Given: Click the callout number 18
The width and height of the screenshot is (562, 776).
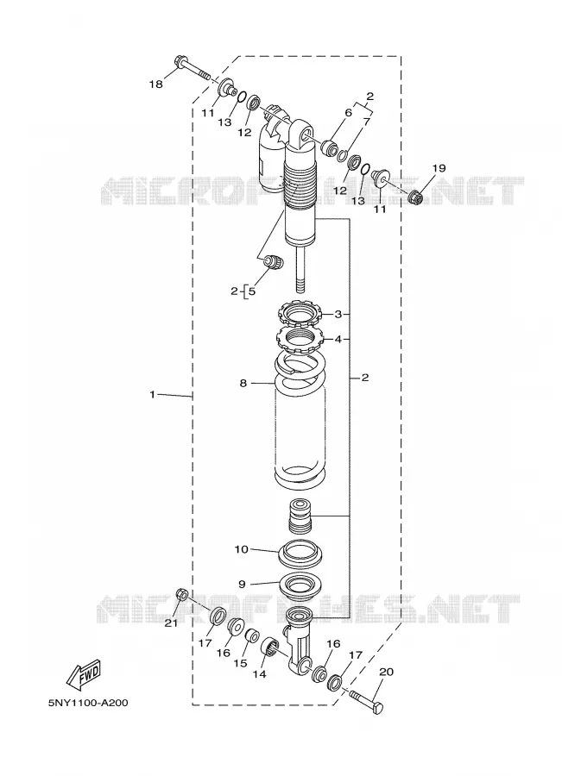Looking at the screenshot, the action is click(x=155, y=84).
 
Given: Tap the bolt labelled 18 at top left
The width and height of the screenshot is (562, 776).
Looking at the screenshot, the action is click(x=193, y=69).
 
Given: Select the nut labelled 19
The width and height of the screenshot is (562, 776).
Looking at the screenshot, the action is click(x=415, y=197).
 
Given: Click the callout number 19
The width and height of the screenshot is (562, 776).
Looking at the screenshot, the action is click(x=439, y=168).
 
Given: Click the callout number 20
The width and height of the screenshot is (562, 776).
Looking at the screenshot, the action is click(x=386, y=672).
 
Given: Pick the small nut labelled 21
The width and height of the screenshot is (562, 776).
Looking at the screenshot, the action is click(x=181, y=594).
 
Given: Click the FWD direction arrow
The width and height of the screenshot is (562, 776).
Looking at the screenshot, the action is click(x=84, y=675).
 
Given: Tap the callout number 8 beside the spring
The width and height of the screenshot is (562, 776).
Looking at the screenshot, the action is click(x=243, y=383).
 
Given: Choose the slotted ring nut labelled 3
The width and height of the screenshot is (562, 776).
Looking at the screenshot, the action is click(x=299, y=314).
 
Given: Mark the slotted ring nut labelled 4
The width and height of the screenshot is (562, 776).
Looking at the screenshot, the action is click(x=299, y=339).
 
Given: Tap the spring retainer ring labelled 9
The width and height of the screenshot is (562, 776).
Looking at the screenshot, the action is click(x=301, y=585).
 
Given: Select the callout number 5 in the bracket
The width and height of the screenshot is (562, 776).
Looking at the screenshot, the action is click(x=252, y=291).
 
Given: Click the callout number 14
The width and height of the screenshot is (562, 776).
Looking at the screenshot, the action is click(x=259, y=674).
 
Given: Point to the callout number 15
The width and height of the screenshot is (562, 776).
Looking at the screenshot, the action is click(x=240, y=663).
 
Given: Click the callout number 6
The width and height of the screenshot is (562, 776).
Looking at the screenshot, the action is click(x=349, y=113).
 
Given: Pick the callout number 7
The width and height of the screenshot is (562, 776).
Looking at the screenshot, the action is click(x=367, y=122).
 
